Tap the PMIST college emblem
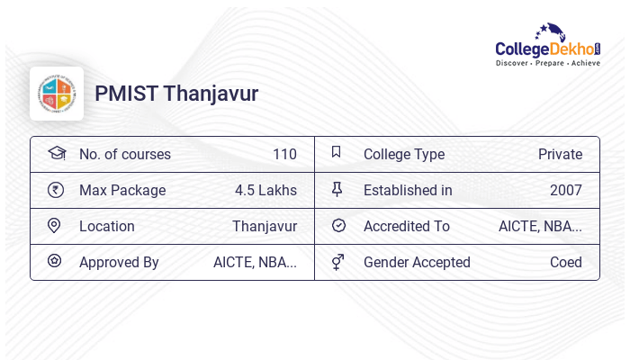pos(57,94)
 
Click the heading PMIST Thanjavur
pos(176,94)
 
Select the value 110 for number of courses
pos(284,154)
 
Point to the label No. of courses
pos(124,154)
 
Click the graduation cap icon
pos(56,153)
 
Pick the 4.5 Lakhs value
pos(265,190)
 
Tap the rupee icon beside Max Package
pos(56,189)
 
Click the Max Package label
pos(122,190)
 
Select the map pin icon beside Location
pos(55,225)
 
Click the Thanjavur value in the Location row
pos(265,226)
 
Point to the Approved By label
pos(119,262)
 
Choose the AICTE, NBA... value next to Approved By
pos(255,262)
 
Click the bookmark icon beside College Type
pos(337,152)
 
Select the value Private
pos(560,154)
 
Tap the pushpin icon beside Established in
pos(337,189)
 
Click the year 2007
pos(566,190)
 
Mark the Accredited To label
pos(407,226)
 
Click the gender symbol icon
pos(337,262)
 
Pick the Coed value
pos(566,262)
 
